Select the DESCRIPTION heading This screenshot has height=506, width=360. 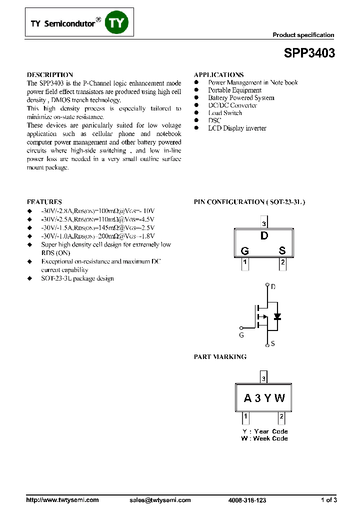click(x=49, y=74)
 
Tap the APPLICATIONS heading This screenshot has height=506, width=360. click(x=218, y=74)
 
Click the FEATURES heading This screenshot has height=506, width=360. click(x=44, y=202)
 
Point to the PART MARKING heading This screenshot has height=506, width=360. click(x=220, y=357)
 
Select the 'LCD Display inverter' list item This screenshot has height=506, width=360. click(x=237, y=128)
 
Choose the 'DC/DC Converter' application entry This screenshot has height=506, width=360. click(x=232, y=105)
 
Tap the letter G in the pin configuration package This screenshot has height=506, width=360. click(x=245, y=251)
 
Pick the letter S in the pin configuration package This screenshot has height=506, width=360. click(x=282, y=251)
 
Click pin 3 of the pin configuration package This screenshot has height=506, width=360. click(x=263, y=223)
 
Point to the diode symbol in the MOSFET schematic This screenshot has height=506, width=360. click(x=277, y=316)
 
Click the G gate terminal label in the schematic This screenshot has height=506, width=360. click(x=241, y=335)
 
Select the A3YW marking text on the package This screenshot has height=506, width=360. click(x=264, y=398)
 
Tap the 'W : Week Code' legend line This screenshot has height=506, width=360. click(x=264, y=438)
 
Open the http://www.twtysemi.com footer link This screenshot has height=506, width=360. click(x=62, y=500)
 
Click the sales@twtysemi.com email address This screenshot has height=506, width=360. click(x=160, y=500)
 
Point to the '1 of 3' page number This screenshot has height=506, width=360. click(x=328, y=500)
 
